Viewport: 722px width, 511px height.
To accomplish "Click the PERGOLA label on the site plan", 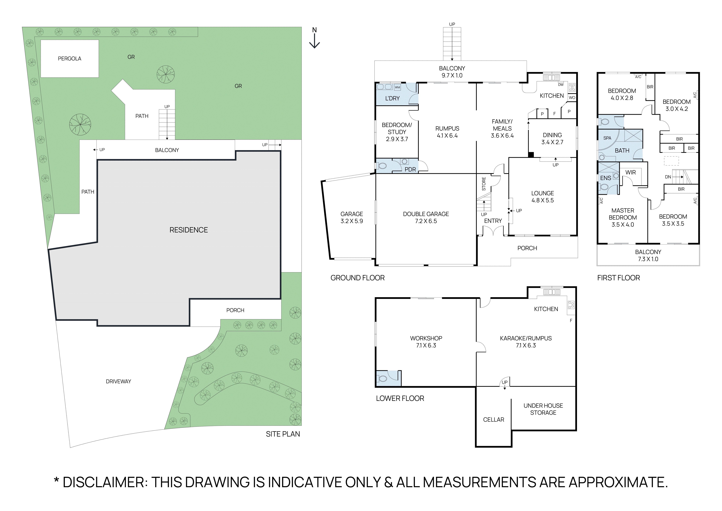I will tap(70, 59).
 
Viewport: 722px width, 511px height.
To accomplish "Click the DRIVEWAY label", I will tap(118, 381).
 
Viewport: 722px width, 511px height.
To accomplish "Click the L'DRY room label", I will tap(392, 99).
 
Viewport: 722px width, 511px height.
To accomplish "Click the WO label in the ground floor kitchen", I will tap(572, 98).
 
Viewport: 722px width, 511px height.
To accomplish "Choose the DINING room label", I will tap(552, 135).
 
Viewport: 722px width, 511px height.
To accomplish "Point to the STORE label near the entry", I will tap(484, 184).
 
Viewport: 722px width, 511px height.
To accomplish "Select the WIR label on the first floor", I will tap(630, 172).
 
